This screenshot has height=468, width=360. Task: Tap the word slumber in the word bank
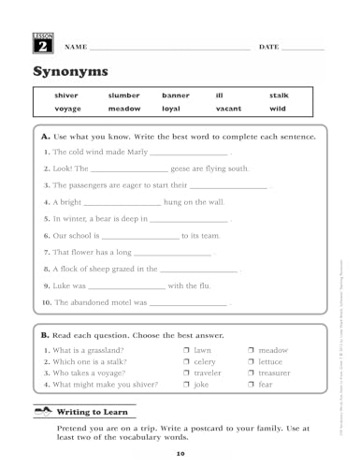click(123, 95)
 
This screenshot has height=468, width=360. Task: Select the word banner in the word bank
click(175, 95)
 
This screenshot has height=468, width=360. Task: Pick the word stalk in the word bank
click(279, 95)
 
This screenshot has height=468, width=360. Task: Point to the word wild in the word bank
click(277, 109)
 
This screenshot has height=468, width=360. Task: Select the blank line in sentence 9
click(126, 287)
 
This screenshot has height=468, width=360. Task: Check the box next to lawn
click(187, 350)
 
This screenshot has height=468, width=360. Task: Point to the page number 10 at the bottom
click(180, 455)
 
